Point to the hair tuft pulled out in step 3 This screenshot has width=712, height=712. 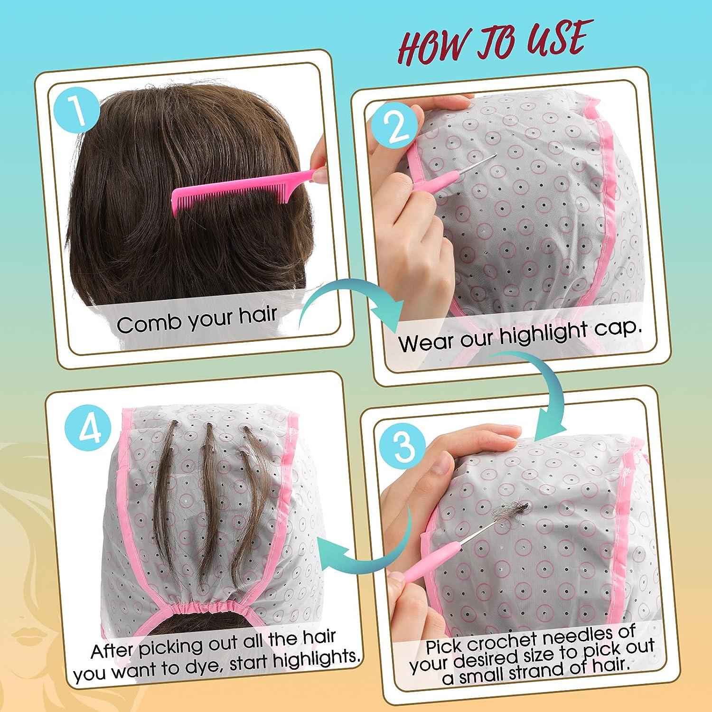505,515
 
